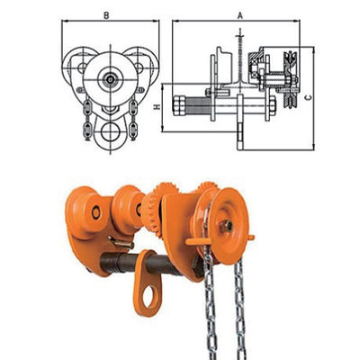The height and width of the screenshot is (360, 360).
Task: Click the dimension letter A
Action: point(240,15)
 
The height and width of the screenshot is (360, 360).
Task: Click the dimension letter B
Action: point(106,15)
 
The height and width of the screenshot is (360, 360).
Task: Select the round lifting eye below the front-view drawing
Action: point(111,138)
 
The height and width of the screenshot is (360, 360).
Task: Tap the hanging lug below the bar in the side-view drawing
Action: point(240,133)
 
